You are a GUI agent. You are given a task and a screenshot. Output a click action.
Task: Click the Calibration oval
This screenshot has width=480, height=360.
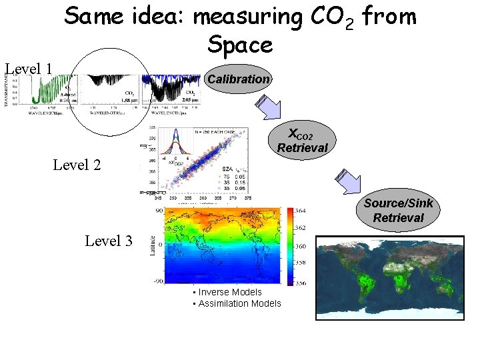[239, 79]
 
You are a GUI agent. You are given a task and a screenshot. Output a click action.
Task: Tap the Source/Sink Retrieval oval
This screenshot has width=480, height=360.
[398, 210]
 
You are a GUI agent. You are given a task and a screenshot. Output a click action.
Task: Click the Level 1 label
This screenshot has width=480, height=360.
[29, 68]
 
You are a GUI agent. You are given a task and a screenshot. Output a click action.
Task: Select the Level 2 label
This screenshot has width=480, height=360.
[77, 164]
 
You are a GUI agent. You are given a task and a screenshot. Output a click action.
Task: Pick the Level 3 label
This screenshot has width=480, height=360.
[109, 241]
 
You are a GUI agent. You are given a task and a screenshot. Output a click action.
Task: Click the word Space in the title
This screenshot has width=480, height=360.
[240, 45]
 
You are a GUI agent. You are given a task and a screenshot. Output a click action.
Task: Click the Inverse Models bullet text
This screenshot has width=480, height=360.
[227, 292]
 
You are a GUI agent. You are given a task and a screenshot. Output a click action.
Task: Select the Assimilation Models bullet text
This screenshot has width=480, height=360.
[237, 304]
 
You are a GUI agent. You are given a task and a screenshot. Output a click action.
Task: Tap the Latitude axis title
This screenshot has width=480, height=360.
[153, 243]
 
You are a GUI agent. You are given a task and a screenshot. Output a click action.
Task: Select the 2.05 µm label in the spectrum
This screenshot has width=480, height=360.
[189, 98]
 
